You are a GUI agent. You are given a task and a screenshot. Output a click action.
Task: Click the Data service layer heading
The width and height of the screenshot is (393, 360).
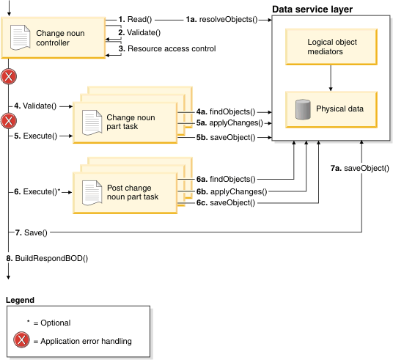coord(312,10)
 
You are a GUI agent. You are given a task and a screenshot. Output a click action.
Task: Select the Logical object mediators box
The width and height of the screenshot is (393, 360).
coord(331,47)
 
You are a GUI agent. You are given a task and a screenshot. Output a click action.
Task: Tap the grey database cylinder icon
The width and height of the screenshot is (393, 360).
coord(303,109)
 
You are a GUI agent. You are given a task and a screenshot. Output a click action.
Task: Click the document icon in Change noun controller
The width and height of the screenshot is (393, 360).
coord(20,37)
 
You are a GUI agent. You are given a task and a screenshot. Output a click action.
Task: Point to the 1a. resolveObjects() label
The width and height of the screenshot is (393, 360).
coord(222,20)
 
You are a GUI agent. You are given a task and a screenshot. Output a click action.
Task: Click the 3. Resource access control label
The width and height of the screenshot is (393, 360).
coord(167,48)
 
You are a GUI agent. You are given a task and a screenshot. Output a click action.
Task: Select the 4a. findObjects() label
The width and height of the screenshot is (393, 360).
coord(226,111)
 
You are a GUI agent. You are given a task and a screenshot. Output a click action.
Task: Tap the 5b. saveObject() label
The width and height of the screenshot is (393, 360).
coord(226,137)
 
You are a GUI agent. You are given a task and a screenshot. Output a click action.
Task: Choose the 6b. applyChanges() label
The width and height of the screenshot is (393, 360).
coord(232,192)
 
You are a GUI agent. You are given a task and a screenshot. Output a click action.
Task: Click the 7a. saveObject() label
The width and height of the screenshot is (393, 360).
coord(360,168)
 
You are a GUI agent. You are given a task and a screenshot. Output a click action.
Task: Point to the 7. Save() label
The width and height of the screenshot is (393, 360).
coord(31,232)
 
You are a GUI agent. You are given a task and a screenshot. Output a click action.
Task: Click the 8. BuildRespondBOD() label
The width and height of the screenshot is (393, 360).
coord(47,259)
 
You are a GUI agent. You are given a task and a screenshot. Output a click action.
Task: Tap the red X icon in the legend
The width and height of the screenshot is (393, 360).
coord(21,340)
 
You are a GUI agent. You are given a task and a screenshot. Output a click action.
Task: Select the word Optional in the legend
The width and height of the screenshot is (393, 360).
coord(56,323)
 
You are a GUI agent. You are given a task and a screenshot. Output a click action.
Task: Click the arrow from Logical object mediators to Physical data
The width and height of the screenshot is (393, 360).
coord(331,78)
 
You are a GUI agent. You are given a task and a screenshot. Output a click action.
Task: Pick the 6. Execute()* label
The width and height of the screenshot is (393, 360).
coord(37,192)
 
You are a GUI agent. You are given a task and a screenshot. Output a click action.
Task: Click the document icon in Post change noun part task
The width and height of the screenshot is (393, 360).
coord(92,194)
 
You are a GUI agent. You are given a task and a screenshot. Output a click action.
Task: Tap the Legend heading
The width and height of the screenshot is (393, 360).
coord(20,300)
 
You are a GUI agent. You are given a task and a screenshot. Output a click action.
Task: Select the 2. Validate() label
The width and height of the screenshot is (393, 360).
coord(139,32)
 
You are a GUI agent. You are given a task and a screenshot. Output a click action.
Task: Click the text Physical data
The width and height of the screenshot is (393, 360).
coord(339,109)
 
